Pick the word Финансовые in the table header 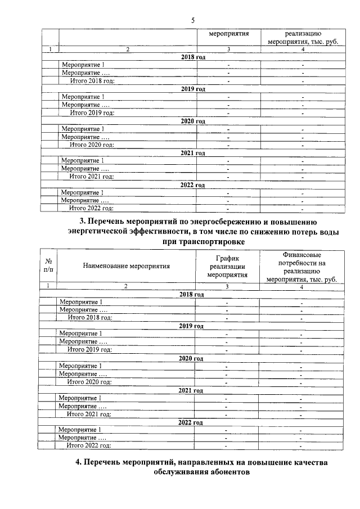pyautogui.click(x=302, y=255)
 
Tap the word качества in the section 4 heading pyautogui.click(x=303, y=462)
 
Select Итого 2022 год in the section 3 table pyautogui.click(x=89, y=445)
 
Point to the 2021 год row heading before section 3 pyautogui.click(x=193, y=153)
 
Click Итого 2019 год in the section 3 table pyautogui.click(x=89, y=349)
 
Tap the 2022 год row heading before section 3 pyautogui.click(x=192, y=184)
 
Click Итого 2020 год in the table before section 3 pyautogui.click(x=92, y=145)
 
